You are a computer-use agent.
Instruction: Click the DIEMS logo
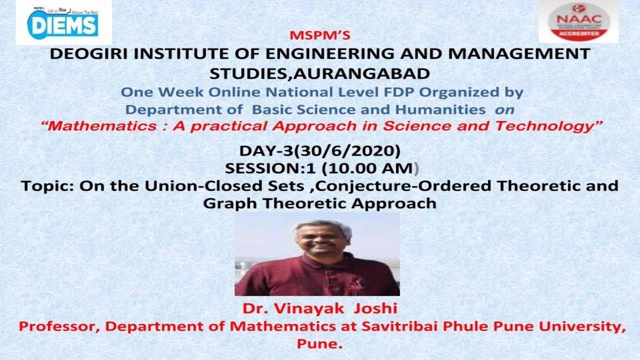pos(63,22)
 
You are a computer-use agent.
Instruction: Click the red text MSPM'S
pos(319,36)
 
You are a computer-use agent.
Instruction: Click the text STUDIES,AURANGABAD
pos(319,73)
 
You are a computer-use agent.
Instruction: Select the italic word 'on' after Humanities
pos(504,109)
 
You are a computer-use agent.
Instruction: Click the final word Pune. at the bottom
pos(319,344)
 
